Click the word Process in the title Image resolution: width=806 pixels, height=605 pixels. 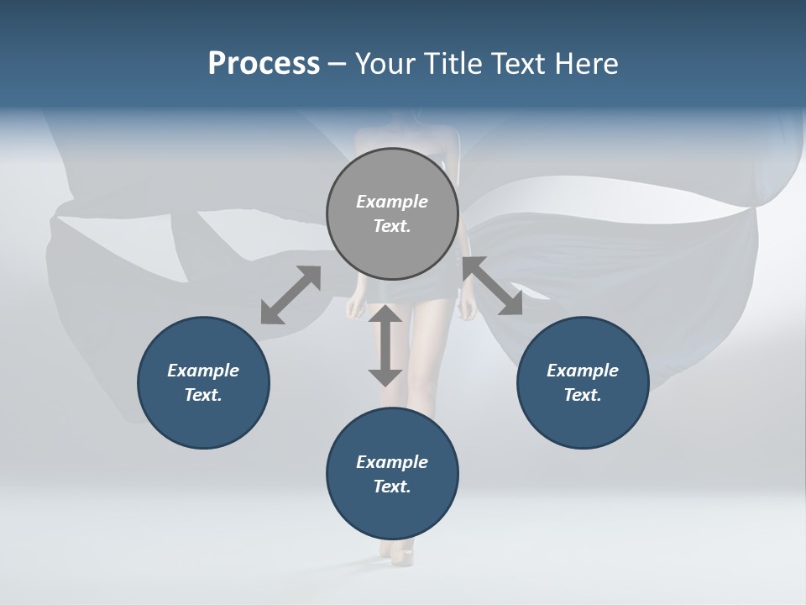pyautogui.click(x=264, y=64)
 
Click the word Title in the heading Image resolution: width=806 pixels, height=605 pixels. pyautogui.click(x=451, y=64)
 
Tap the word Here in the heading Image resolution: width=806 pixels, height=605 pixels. pyautogui.click(x=586, y=64)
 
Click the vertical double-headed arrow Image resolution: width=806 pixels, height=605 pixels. pyautogui.click(x=385, y=345)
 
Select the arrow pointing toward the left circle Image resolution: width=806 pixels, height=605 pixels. pyautogui.click(x=290, y=295)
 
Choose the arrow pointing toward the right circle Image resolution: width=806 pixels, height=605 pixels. pyautogui.click(x=492, y=286)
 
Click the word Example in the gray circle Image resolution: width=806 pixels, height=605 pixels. pyautogui.click(x=392, y=202)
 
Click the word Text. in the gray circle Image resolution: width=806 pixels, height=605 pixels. pyautogui.click(x=392, y=226)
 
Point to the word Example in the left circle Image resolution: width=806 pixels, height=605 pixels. pyautogui.click(x=203, y=371)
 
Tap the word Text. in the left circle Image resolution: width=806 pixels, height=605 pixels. pyautogui.click(x=203, y=395)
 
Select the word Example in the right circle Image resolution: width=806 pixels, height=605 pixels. pyautogui.click(x=583, y=371)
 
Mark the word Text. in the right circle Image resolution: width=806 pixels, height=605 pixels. pyautogui.click(x=583, y=395)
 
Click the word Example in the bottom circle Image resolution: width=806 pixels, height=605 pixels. pyautogui.click(x=392, y=462)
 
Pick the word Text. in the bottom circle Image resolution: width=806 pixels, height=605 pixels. pyautogui.click(x=392, y=487)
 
